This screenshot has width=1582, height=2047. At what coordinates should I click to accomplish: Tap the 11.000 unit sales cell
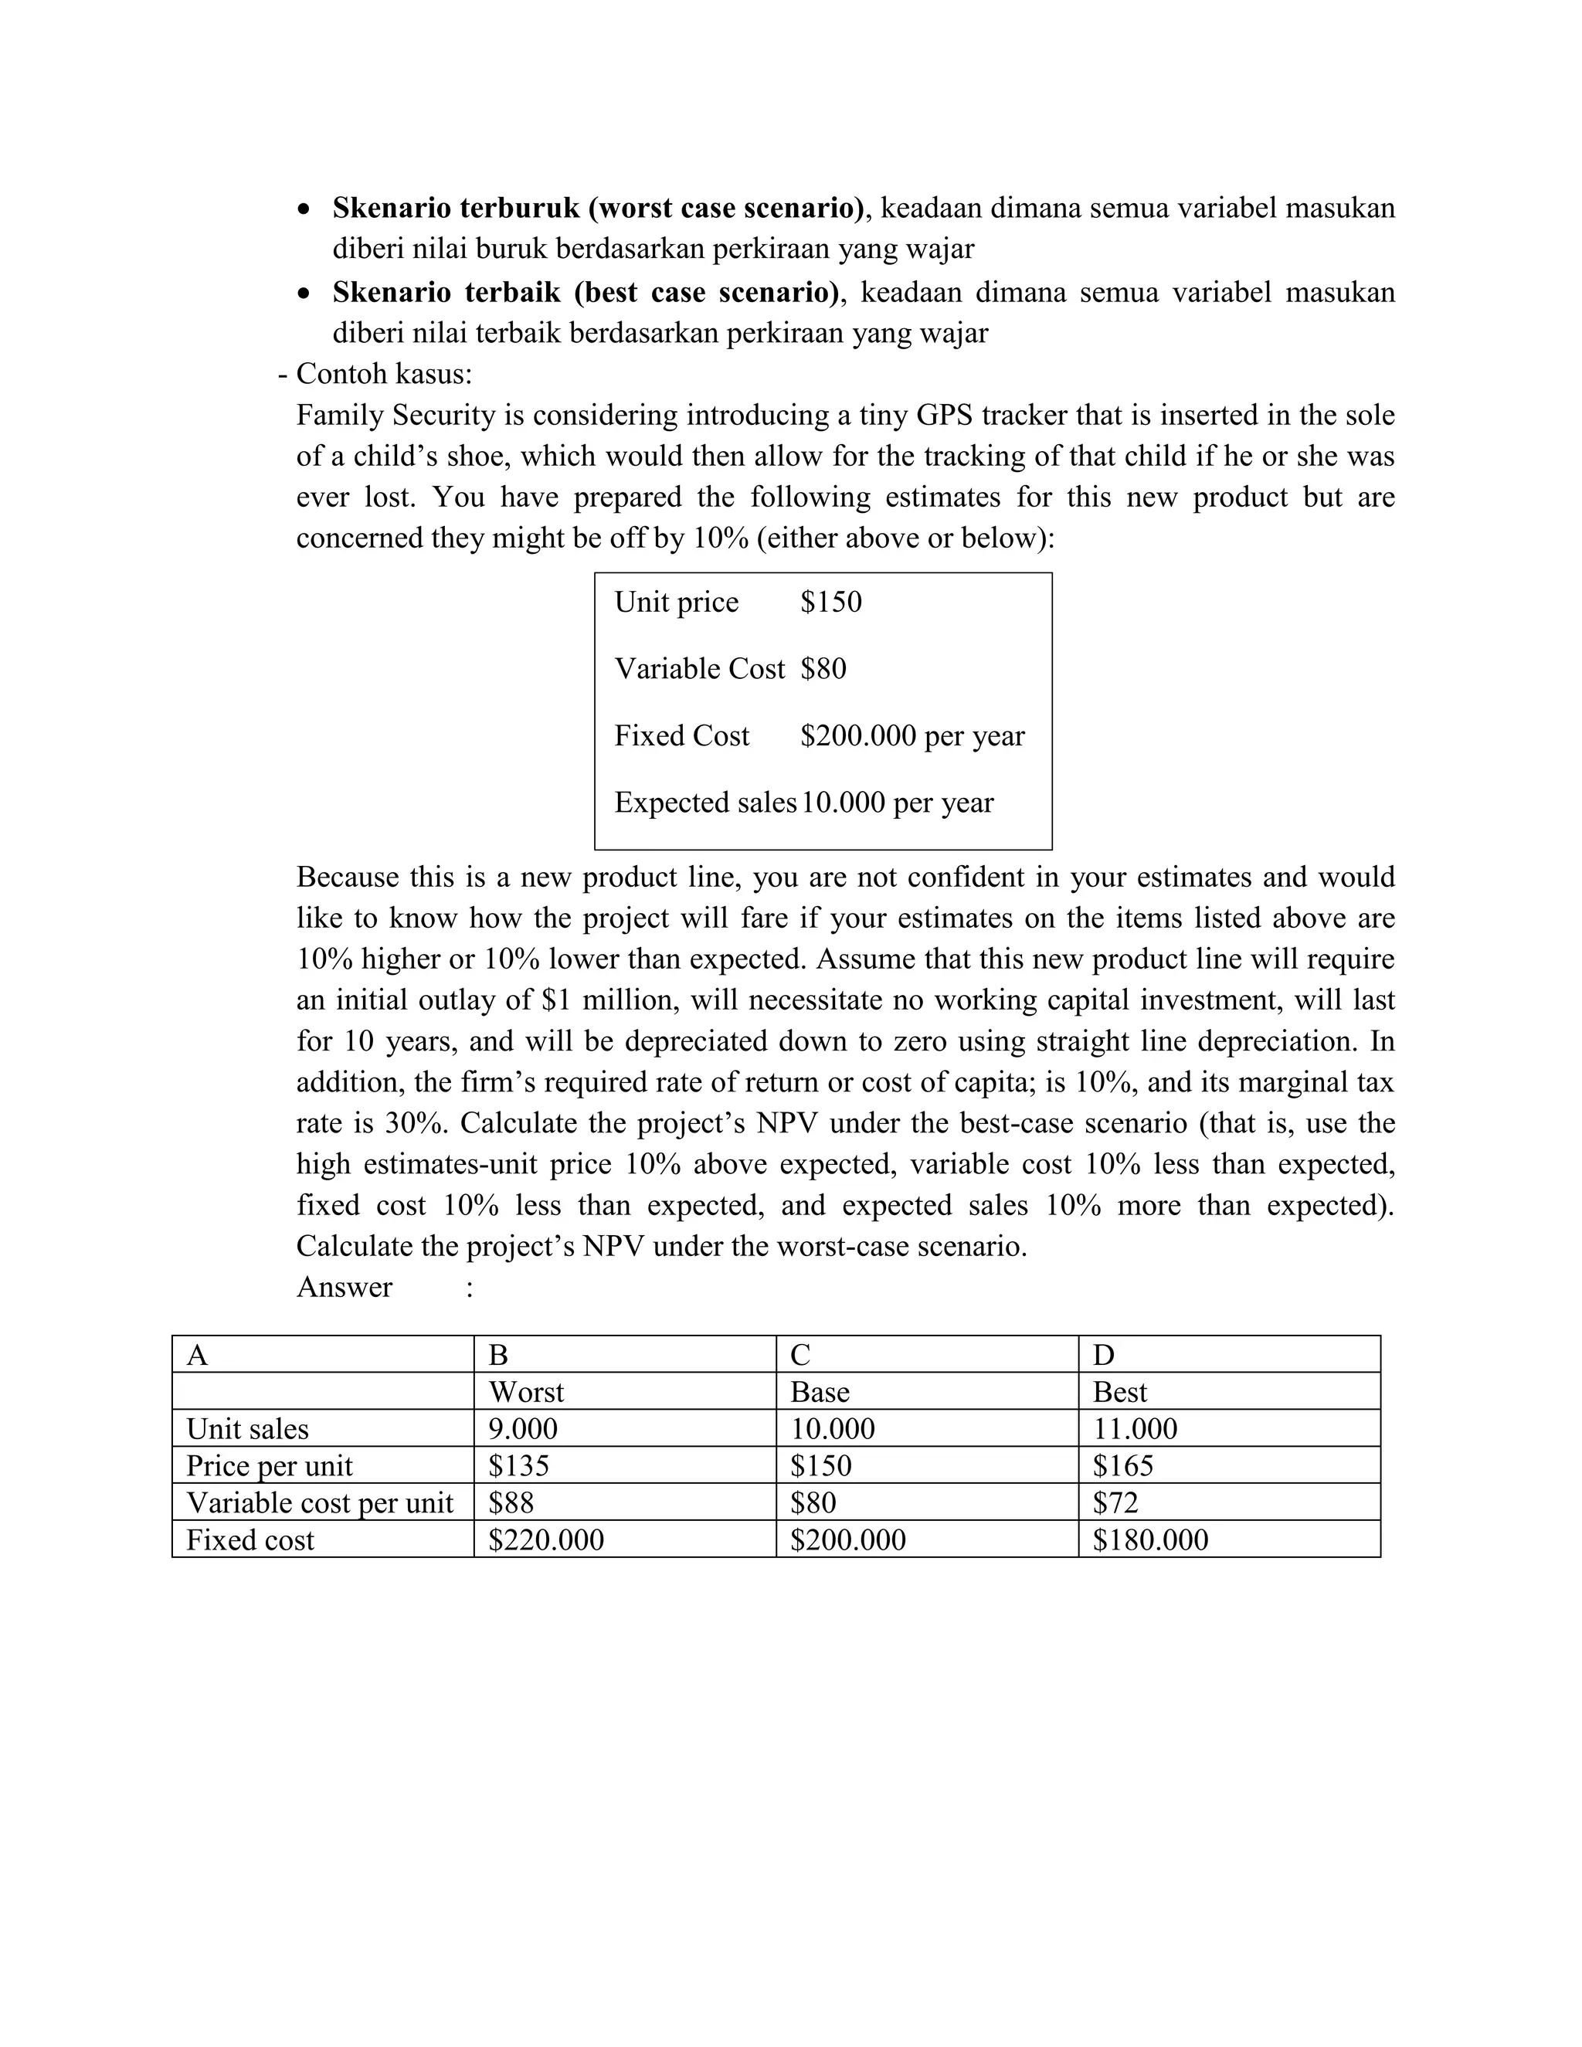(x=1134, y=1429)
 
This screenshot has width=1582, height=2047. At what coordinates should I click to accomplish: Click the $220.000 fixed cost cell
(x=545, y=1540)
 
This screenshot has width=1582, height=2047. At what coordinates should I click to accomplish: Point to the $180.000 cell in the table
(x=1150, y=1540)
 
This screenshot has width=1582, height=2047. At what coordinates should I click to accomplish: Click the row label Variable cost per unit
(x=320, y=1503)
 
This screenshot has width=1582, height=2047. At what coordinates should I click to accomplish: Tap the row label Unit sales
(x=247, y=1429)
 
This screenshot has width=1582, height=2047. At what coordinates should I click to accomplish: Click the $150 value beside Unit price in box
(x=830, y=602)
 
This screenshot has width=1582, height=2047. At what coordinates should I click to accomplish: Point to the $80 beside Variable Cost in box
(x=823, y=669)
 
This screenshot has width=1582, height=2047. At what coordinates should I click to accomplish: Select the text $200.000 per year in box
(x=912, y=735)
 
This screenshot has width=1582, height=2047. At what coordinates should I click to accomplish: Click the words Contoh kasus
(x=383, y=374)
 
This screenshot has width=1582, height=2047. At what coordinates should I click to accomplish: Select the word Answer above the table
(x=344, y=1287)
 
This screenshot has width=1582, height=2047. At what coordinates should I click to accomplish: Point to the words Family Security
(x=395, y=416)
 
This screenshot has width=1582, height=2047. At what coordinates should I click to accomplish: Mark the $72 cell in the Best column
(x=1115, y=1503)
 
